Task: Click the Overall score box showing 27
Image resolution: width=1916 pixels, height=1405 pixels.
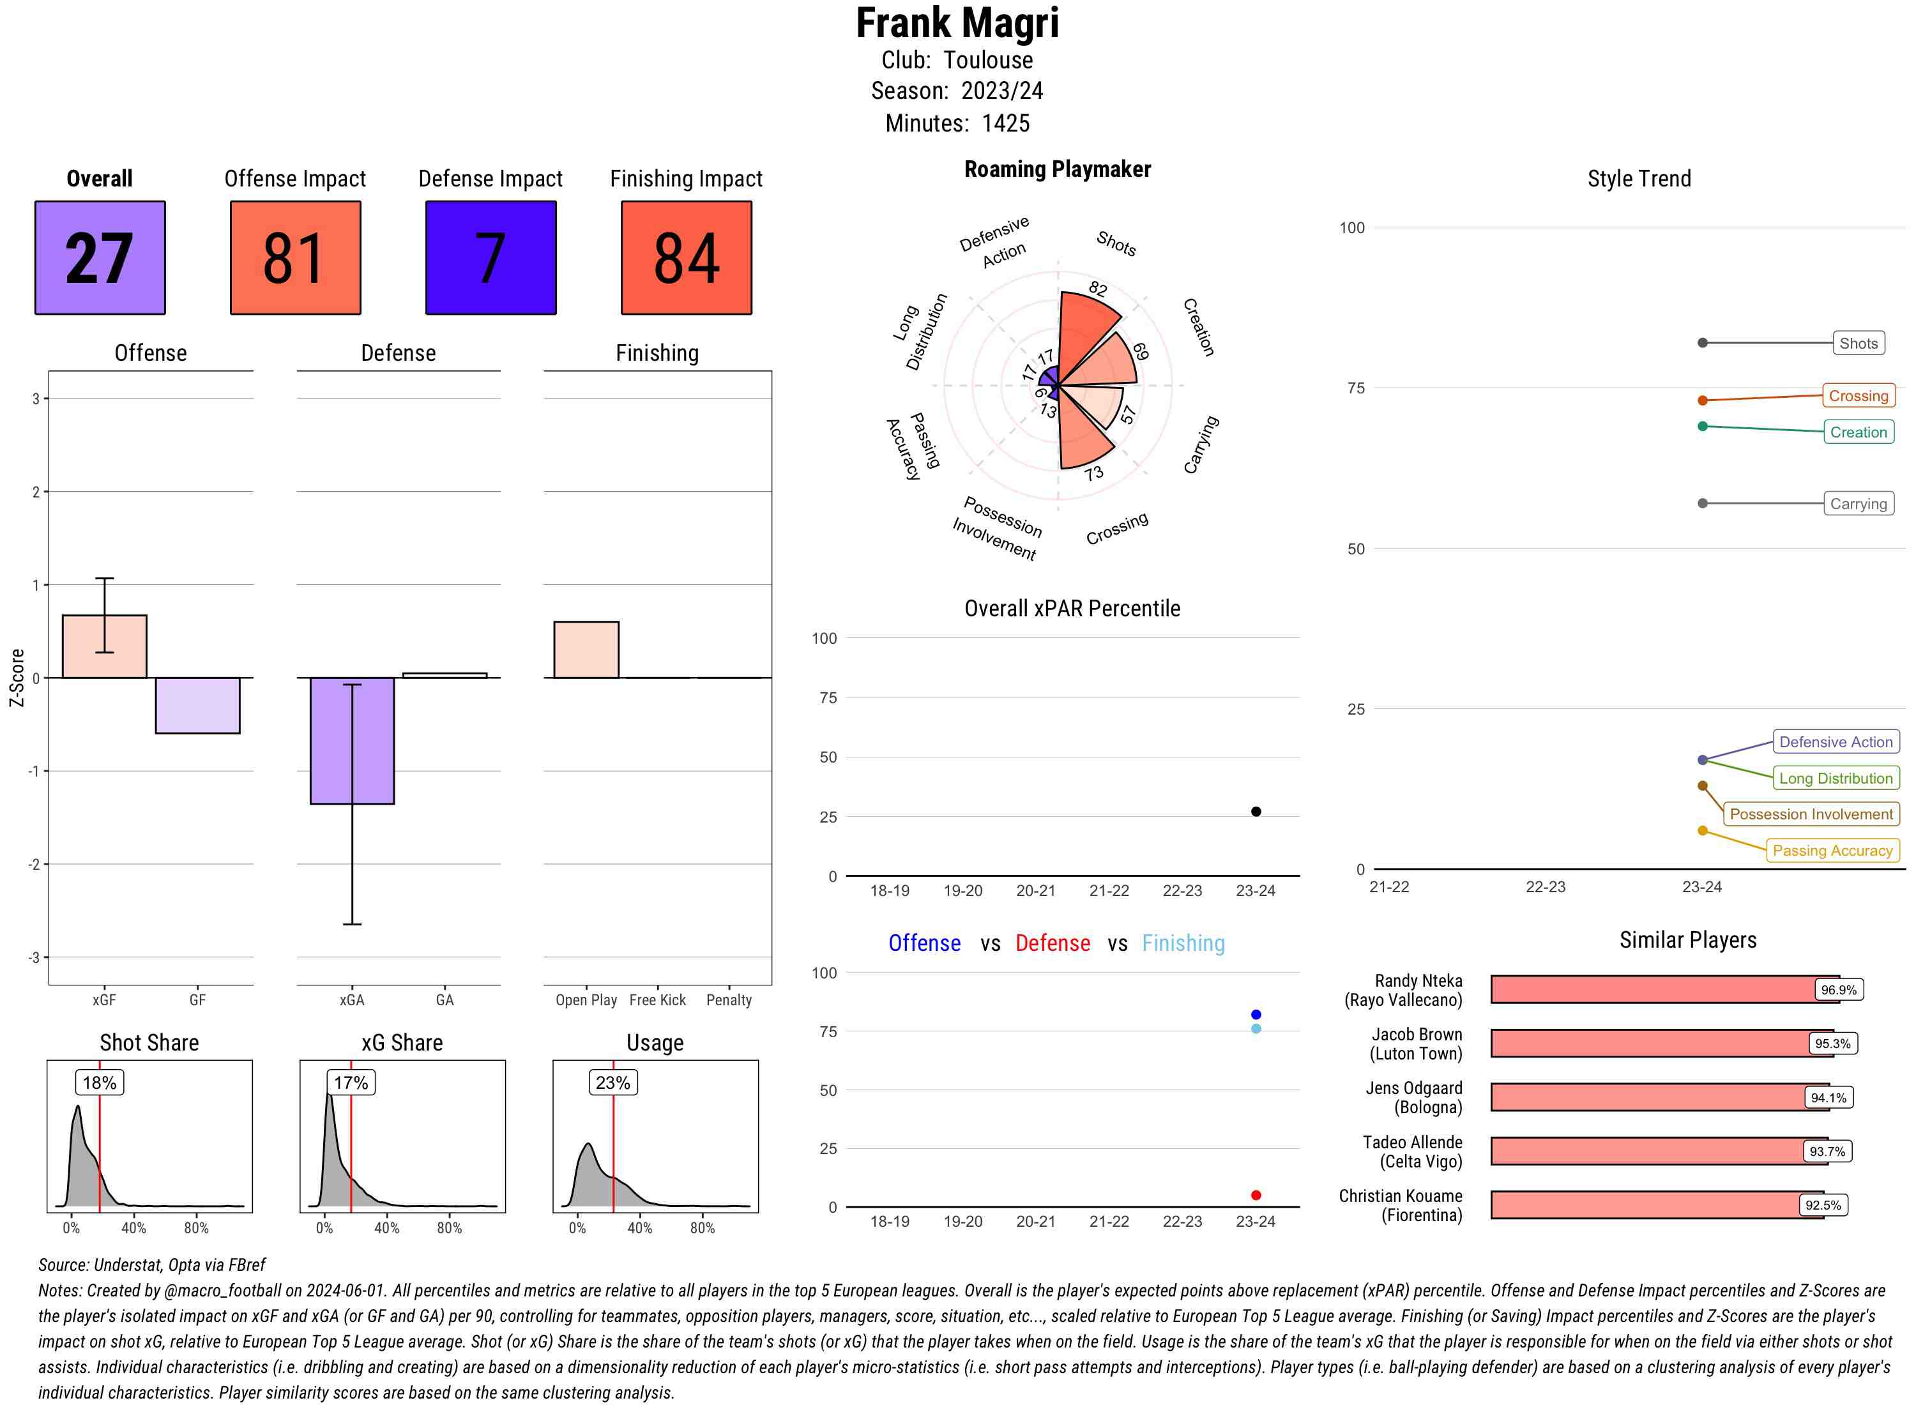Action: [x=100, y=258]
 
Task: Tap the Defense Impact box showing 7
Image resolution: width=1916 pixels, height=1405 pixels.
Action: [x=490, y=258]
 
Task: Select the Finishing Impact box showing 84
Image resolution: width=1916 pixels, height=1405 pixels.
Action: [x=687, y=258]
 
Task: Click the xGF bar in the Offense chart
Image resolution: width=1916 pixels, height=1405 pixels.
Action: [x=105, y=646]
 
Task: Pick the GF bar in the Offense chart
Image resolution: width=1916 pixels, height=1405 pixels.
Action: [x=197, y=705]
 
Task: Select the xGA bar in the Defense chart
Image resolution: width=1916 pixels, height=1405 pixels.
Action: [x=352, y=740]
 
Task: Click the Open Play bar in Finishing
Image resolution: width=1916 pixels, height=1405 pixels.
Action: [x=586, y=649]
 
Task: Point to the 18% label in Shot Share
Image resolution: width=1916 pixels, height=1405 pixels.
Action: [x=100, y=1082]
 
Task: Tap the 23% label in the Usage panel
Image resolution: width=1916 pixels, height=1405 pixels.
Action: [x=613, y=1082]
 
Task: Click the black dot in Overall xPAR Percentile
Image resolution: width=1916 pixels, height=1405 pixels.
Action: [x=1256, y=811]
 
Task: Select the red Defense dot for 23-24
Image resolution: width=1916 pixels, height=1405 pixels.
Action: [x=1256, y=1195]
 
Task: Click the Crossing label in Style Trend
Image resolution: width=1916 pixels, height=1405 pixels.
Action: [x=1858, y=395]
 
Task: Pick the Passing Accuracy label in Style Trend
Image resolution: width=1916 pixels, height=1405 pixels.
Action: [x=1832, y=851]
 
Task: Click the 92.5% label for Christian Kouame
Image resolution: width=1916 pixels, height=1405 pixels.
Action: [x=1823, y=1205]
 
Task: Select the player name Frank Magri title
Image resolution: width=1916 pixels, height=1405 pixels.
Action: [x=957, y=23]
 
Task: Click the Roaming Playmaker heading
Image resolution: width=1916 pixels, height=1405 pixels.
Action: [x=1057, y=169]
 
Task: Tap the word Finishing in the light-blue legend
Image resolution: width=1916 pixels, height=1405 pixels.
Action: [x=1183, y=943]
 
